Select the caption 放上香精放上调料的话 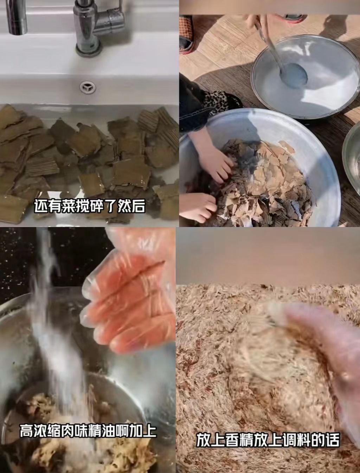pyautogui.click(x=268, y=440)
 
